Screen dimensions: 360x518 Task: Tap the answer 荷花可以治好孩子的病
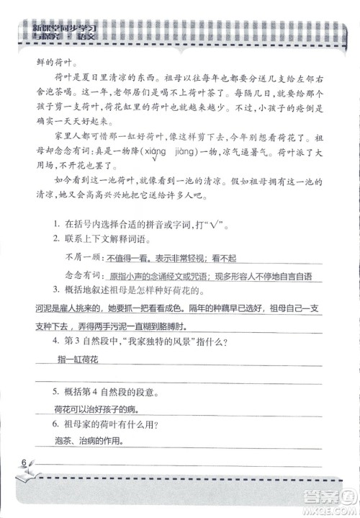click(x=99, y=408)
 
